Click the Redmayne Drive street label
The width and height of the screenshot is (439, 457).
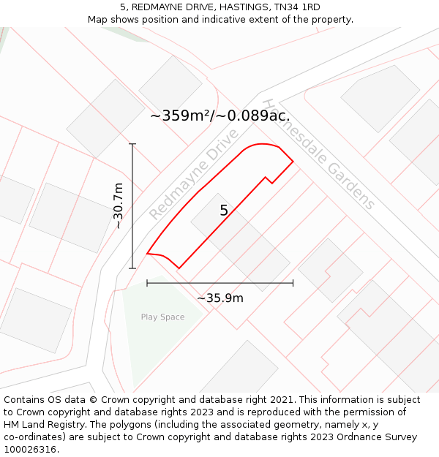[194, 175]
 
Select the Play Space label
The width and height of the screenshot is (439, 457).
[162, 317]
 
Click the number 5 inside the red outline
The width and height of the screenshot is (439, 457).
[224, 211]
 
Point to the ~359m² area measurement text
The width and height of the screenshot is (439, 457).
[219, 116]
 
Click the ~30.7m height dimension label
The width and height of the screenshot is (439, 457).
[119, 206]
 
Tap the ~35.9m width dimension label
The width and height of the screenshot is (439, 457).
[220, 298]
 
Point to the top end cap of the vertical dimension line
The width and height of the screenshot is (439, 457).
[132, 144]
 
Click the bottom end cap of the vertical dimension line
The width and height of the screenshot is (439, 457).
[132, 268]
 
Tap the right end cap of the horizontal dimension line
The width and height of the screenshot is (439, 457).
[293, 282]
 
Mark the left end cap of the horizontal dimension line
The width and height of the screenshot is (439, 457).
[147, 282]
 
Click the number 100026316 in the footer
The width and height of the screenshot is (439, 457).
[29, 450]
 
